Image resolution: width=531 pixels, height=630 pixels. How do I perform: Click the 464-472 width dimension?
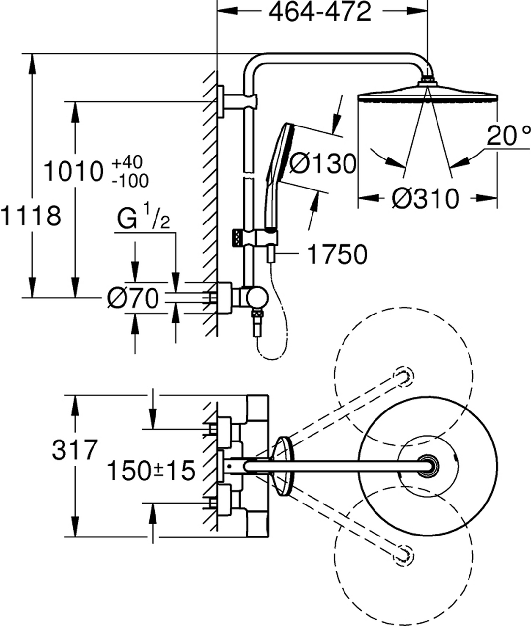tap(319, 12)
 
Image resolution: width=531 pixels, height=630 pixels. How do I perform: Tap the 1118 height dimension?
tap(31, 216)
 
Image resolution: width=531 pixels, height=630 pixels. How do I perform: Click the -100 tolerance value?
tap(130, 181)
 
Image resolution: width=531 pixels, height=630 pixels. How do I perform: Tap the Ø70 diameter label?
tap(133, 298)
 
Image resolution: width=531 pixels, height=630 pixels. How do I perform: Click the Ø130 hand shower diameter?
tap(322, 163)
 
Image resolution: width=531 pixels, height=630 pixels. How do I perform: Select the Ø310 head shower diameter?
tap(425, 198)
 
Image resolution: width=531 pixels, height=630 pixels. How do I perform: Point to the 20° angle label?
tap(509, 136)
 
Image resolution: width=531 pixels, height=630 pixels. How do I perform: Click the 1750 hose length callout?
tap(338, 254)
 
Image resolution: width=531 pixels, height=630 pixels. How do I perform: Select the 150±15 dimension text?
tap(152, 471)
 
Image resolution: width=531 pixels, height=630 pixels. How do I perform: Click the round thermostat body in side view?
tap(257, 297)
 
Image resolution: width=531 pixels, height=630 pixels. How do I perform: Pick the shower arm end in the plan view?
tap(427, 466)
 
